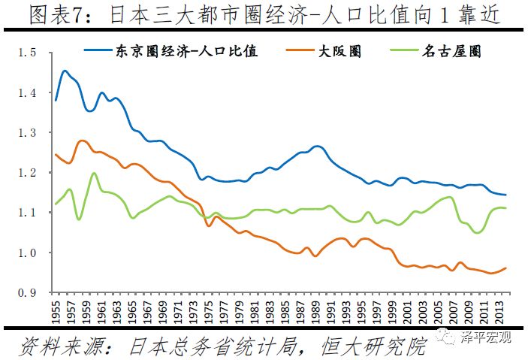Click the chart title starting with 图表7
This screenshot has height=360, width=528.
point(264,16)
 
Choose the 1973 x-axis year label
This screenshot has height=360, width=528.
point(192,310)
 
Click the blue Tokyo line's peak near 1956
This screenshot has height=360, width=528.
point(65,71)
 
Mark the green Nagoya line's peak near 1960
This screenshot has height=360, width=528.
point(94,174)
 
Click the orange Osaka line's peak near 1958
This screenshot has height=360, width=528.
point(82,141)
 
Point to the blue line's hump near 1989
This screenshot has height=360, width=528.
point(316,146)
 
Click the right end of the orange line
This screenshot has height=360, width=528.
point(505,268)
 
